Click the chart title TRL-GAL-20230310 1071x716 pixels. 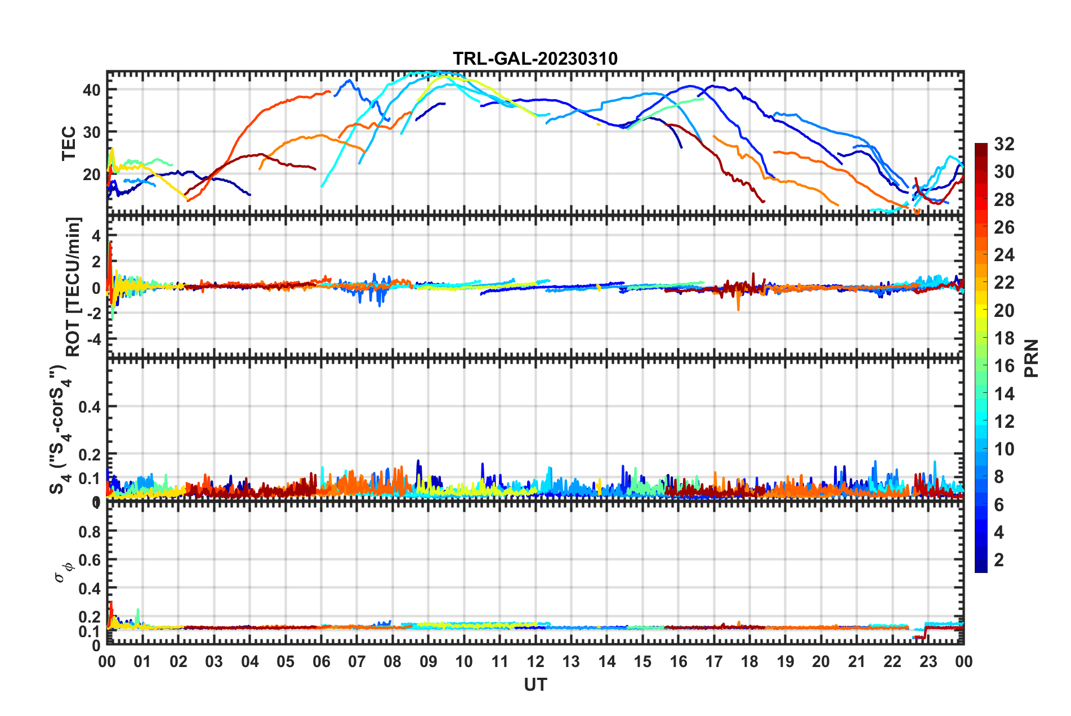(535, 59)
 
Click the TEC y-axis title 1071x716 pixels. (69, 144)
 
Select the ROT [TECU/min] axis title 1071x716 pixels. (73, 287)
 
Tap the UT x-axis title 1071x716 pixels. (535, 684)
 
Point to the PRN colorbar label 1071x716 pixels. (1032, 358)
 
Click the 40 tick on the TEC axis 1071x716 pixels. (91, 89)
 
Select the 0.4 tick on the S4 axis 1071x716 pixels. (89, 406)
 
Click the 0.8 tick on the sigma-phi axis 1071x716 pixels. (89, 531)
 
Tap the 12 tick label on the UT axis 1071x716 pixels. (535, 661)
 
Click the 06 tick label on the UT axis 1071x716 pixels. (321, 661)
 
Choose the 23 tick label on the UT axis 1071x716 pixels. (928, 661)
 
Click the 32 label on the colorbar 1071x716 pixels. (1004, 144)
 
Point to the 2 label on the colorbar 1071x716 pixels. (999, 560)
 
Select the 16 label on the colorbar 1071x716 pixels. (1004, 366)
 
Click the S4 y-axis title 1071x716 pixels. (59, 429)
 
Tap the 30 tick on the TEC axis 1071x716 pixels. (91, 132)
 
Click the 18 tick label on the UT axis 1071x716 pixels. (749, 661)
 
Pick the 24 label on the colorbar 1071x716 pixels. (1004, 255)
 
